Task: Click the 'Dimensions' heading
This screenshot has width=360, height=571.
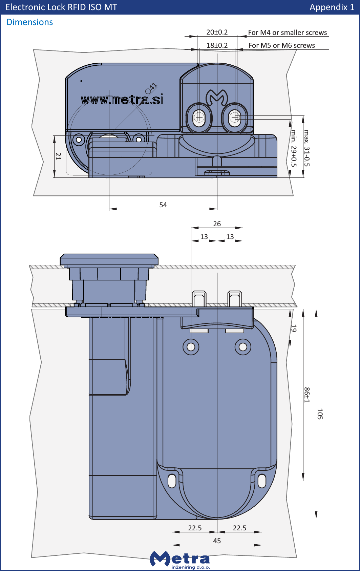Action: (x=30, y=22)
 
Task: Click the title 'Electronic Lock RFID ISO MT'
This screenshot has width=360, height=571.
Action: (x=61, y=7)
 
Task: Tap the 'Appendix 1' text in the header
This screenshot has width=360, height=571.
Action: (x=332, y=7)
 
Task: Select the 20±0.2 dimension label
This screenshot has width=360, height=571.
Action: (x=217, y=32)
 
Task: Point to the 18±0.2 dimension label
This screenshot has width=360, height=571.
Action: (x=217, y=45)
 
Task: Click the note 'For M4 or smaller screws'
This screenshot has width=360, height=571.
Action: (x=287, y=33)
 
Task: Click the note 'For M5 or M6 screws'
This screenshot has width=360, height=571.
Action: (x=281, y=45)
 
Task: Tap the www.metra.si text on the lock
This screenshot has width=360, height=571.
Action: (x=122, y=100)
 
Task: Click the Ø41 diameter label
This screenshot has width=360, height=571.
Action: (x=151, y=88)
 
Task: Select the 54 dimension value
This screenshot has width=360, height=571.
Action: (x=163, y=205)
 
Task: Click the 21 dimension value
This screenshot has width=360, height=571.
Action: (x=58, y=156)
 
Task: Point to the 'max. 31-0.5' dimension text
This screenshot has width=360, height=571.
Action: (x=306, y=148)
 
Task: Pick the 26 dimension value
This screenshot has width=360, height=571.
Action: (x=217, y=224)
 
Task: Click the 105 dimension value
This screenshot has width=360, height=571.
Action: (x=320, y=414)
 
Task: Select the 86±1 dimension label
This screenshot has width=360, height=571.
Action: (x=306, y=395)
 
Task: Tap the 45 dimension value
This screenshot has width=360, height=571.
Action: (x=217, y=541)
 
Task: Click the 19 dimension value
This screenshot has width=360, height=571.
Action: (x=294, y=328)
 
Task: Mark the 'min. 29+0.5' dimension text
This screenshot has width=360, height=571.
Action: (x=294, y=148)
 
